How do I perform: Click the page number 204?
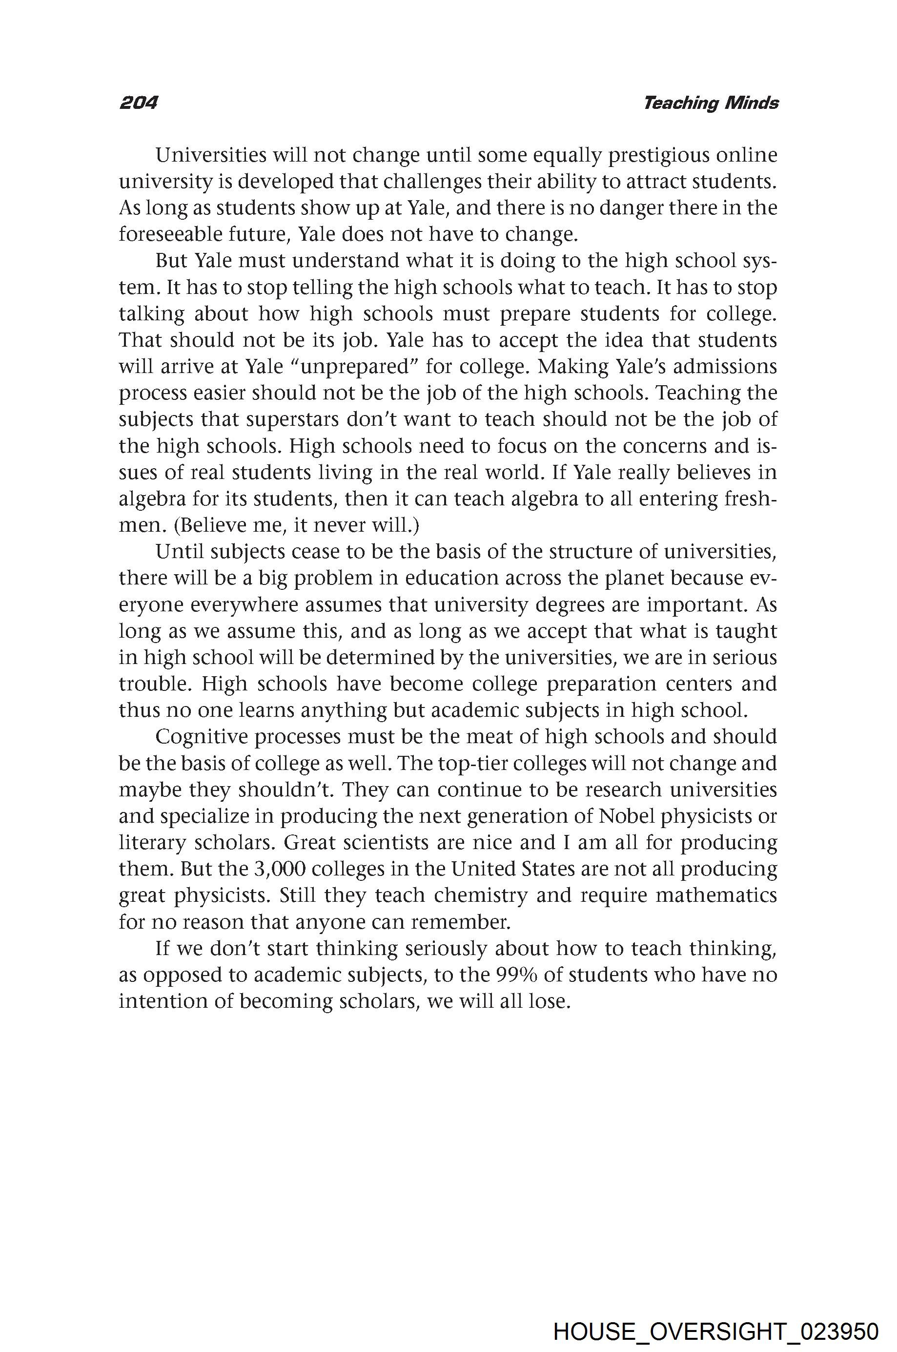[138, 103]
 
